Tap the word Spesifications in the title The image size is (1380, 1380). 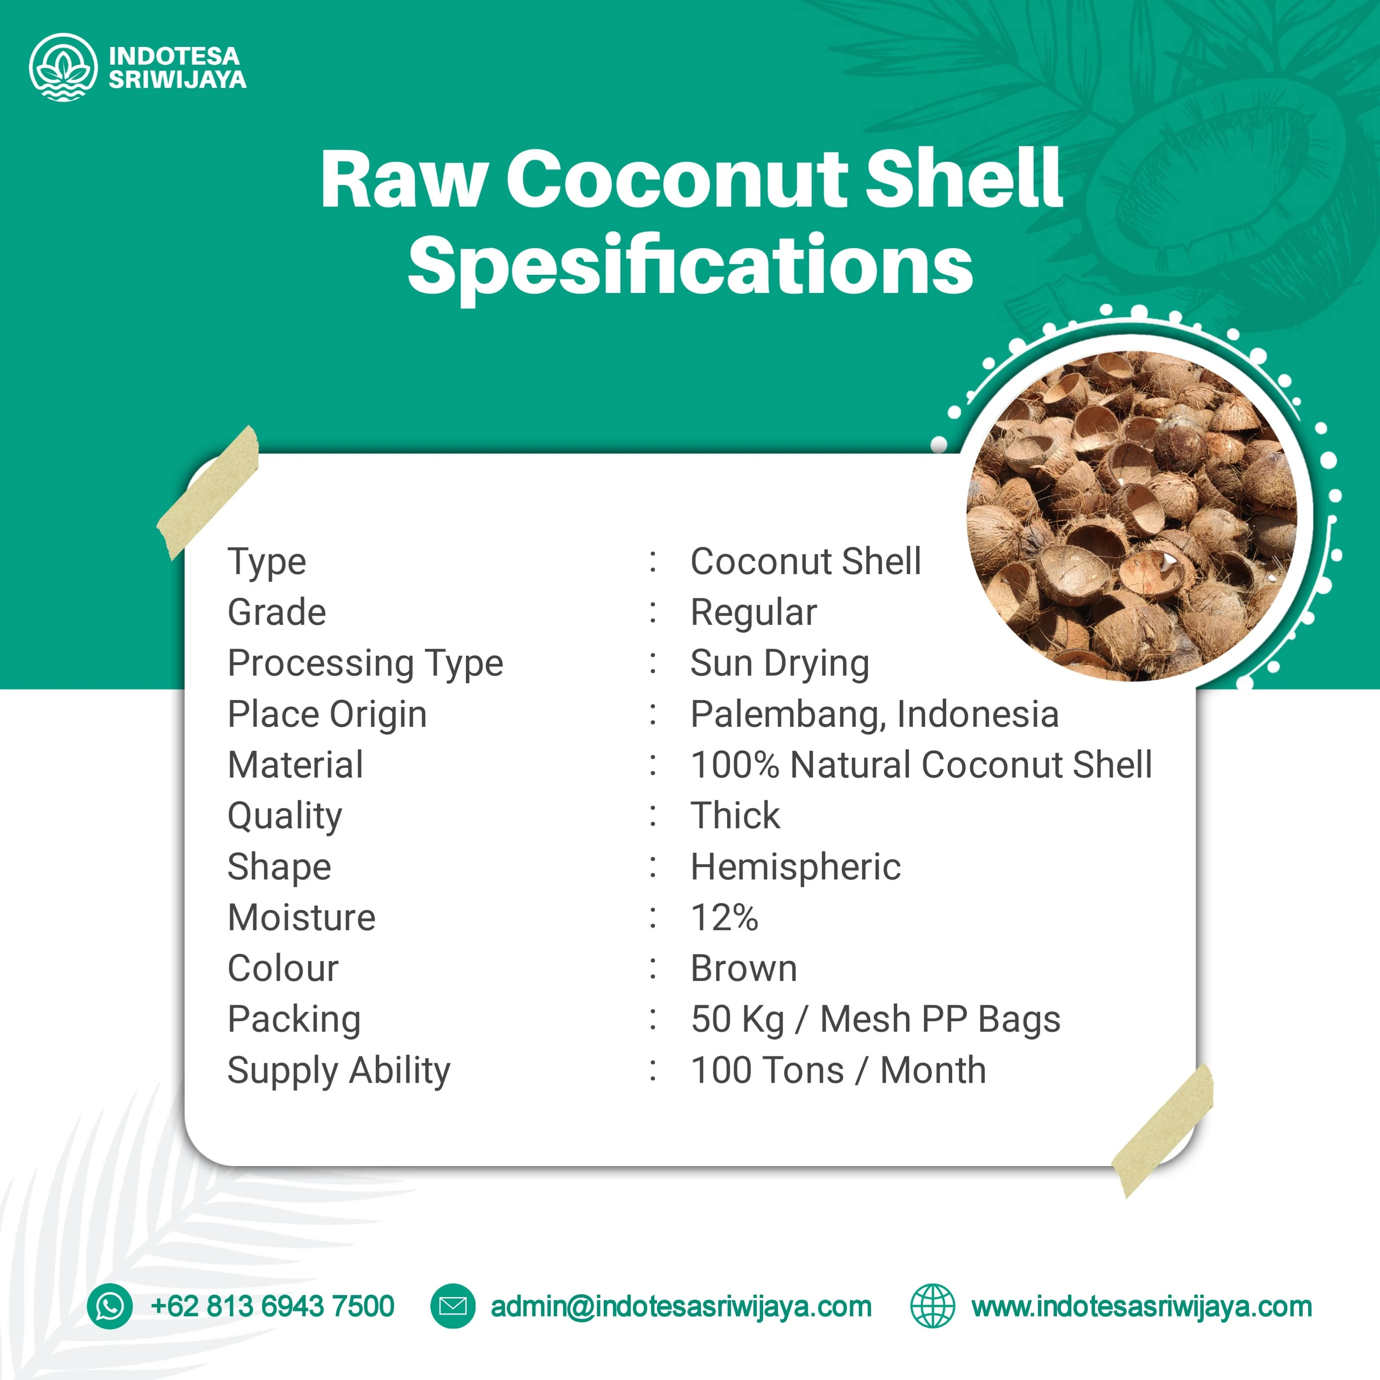point(690,266)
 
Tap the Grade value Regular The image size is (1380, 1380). point(753,612)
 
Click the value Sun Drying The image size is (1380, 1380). point(779,663)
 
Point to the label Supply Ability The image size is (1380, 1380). point(339,1070)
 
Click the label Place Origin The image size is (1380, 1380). point(327,714)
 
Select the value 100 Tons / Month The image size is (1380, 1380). point(838,1070)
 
